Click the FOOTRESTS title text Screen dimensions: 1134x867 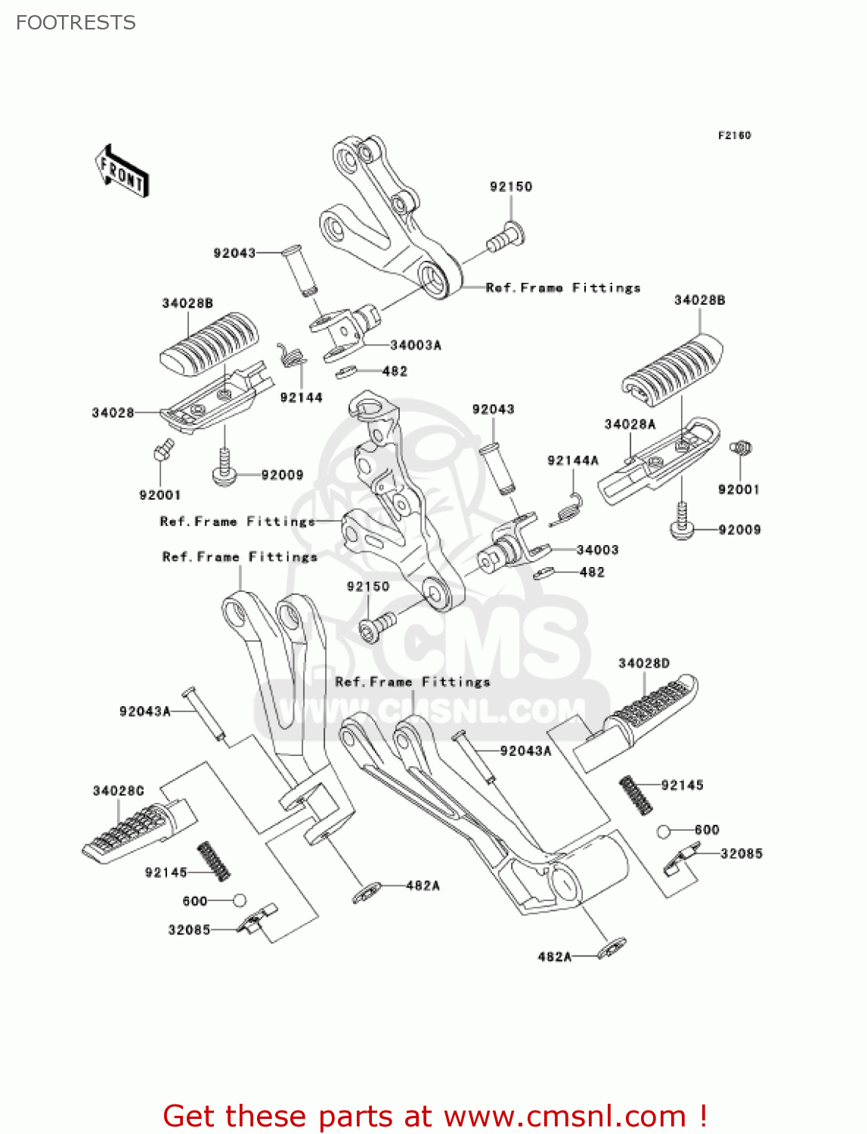[x=76, y=23]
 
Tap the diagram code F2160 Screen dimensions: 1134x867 [x=734, y=135]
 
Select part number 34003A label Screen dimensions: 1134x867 [x=415, y=345]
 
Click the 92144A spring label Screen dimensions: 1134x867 [x=572, y=460]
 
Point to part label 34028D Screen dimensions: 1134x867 [x=643, y=664]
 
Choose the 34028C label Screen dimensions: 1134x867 [x=118, y=791]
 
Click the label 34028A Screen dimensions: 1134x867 [x=630, y=424]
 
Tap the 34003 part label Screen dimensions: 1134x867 [x=597, y=550]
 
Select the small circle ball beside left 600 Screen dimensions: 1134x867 [x=239, y=900]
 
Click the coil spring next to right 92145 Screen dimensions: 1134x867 [x=636, y=795]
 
